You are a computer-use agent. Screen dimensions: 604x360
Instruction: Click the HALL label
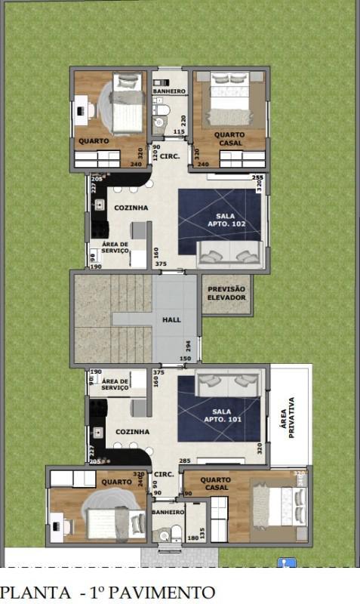point(171,320)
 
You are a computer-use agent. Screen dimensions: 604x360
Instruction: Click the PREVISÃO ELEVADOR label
point(226,293)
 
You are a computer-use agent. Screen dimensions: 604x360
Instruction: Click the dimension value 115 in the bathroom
point(179,132)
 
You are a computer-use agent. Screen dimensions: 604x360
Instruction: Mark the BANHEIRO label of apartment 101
point(168,512)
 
